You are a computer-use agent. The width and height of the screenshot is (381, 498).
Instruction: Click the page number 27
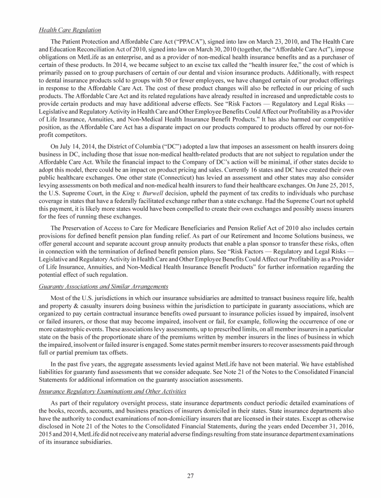[190, 476]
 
